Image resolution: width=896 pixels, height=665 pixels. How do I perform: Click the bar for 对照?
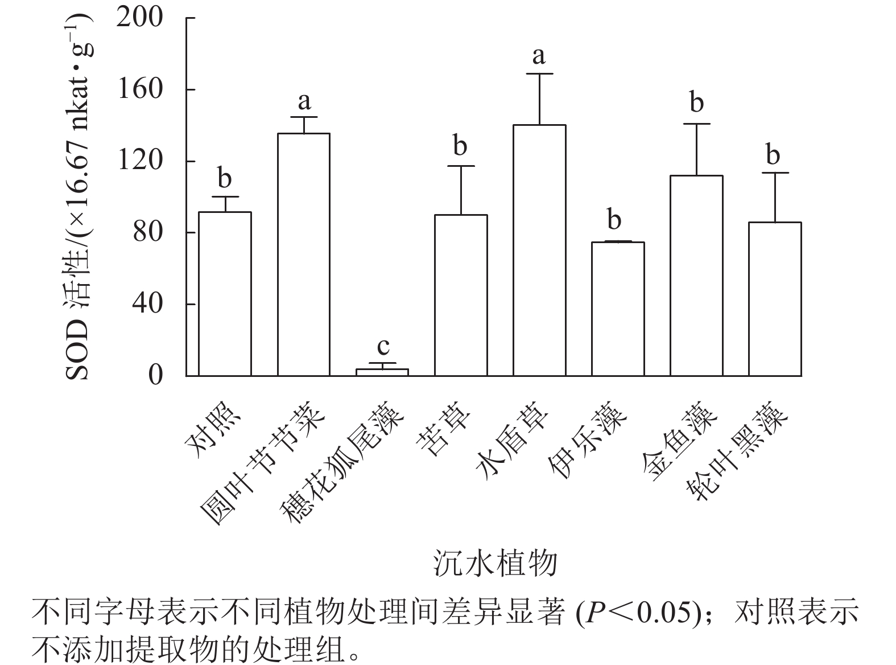point(225,294)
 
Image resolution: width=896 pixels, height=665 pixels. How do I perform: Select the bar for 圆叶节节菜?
point(304,254)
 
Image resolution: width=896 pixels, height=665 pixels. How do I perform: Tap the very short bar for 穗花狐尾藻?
point(382,372)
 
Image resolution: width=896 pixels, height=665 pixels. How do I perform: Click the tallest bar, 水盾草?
point(539,251)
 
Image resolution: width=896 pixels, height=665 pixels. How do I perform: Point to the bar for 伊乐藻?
point(618,309)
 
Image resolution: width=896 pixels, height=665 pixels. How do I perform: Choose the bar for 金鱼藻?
point(696,276)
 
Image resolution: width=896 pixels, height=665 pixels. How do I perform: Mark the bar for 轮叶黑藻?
point(775,299)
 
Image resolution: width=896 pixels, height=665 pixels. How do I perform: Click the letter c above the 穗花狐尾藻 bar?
point(383,346)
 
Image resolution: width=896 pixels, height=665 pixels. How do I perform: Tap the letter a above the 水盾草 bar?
point(539,56)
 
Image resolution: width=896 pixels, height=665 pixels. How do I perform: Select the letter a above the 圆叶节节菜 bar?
point(304,101)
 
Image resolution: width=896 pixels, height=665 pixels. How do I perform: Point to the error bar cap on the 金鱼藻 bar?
point(696,124)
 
